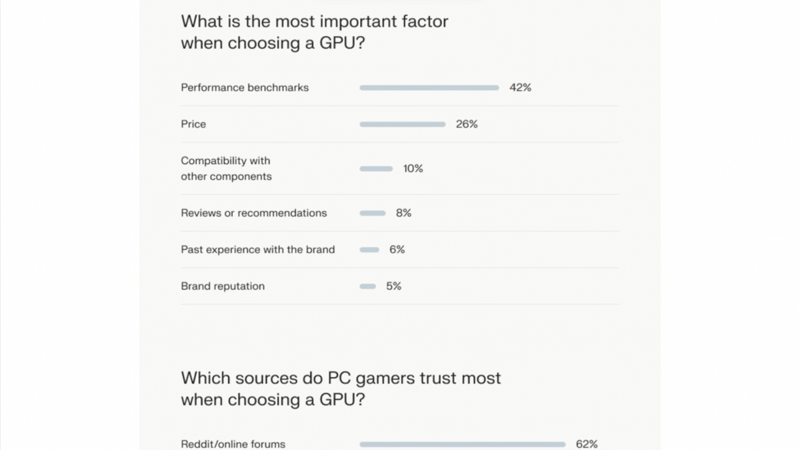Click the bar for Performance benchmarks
[429, 87]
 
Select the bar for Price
[402, 124]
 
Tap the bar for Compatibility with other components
[376, 169]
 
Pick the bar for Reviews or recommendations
[373, 213]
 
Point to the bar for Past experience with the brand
[369, 250]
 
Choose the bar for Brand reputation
[368, 286]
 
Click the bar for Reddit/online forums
[462, 444]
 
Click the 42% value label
[520, 87]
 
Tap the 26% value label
[467, 124]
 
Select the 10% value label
[413, 169]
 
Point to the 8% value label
[403, 213]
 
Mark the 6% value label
[397, 250]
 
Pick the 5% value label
[393, 286]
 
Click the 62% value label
[587, 444]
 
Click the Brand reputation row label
[223, 286]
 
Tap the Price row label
[193, 124]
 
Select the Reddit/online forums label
[233, 444]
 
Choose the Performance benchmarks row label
[245, 87]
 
